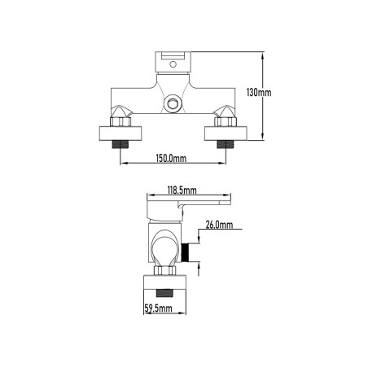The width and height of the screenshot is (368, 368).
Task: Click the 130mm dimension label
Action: click(x=259, y=93)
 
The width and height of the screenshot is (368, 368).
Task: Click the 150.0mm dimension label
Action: click(x=171, y=158)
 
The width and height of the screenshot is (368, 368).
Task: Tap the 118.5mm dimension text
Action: click(x=182, y=191)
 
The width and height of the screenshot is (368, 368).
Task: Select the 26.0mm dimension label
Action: click(x=219, y=225)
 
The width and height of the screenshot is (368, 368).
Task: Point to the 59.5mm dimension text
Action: click(x=158, y=309)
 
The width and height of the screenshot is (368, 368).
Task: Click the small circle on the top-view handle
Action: click(x=173, y=64)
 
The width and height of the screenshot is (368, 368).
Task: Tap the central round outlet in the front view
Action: click(x=173, y=103)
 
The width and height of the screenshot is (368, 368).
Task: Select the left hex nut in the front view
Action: click(x=120, y=122)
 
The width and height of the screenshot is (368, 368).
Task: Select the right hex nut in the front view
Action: click(x=226, y=122)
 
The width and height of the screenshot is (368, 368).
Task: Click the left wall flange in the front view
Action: click(x=120, y=134)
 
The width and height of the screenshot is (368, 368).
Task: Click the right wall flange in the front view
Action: click(x=226, y=134)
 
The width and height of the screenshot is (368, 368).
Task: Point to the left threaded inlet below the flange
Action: click(x=120, y=144)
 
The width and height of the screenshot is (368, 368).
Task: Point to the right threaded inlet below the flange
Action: click(x=226, y=144)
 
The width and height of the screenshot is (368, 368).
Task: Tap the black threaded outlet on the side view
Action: click(x=185, y=252)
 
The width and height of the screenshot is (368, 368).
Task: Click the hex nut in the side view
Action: click(x=164, y=270)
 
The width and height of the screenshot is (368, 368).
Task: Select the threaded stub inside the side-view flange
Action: click(x=164, y=293)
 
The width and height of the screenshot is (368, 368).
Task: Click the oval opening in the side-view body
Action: click(x=164, y=248)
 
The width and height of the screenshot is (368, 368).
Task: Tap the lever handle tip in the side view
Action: click(x=228, y=203)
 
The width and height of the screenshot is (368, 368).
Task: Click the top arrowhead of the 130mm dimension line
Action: click(x=262, y=55)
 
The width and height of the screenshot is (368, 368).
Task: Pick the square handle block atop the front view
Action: click(x=173, y=62)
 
